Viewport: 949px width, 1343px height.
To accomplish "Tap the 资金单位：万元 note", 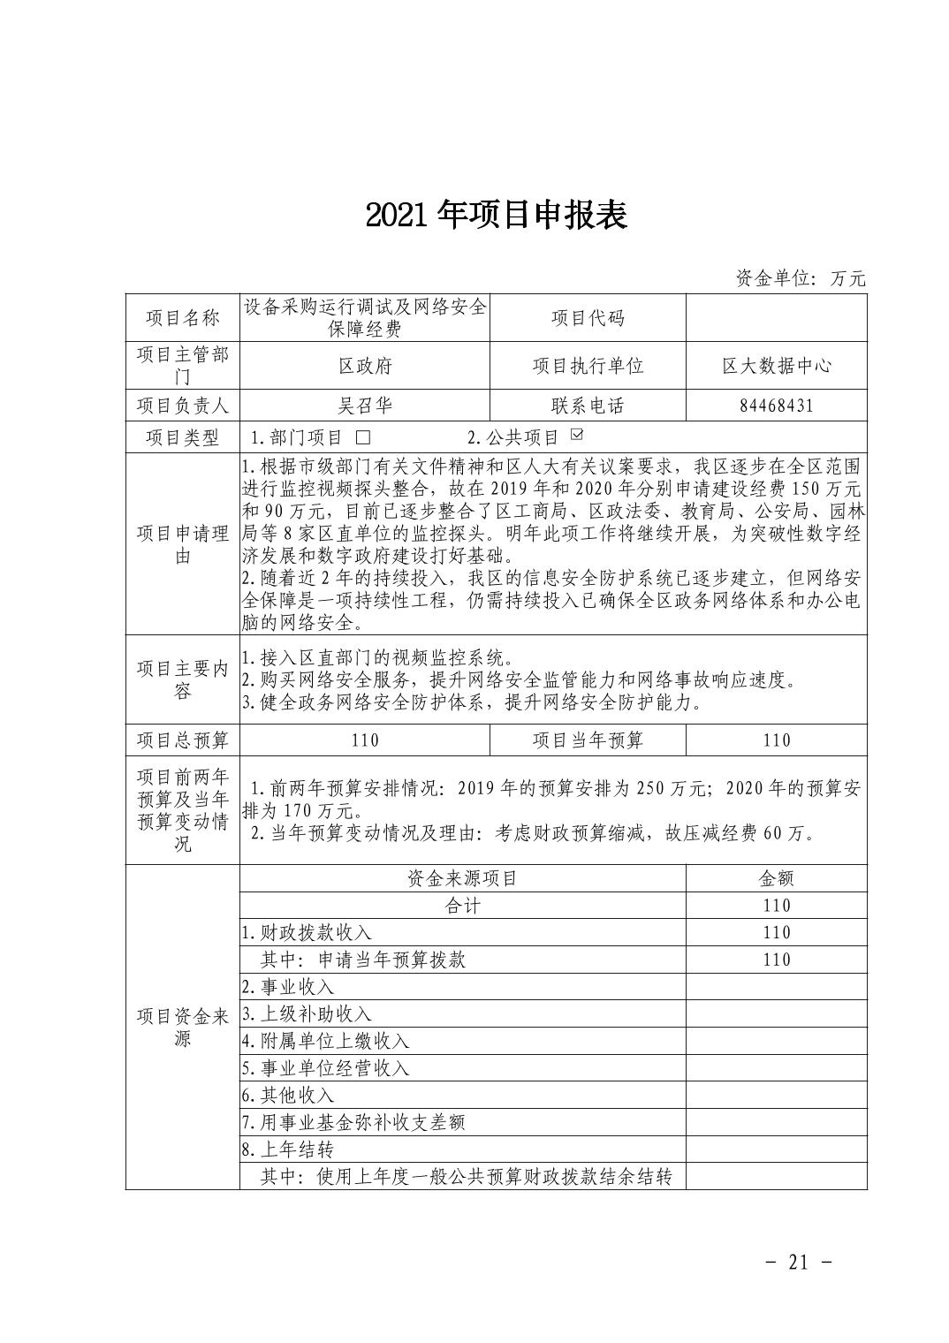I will coord(801,278).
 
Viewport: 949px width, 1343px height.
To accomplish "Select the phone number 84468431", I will coord(776,406).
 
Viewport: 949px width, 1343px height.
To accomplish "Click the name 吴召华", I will coord(365,406).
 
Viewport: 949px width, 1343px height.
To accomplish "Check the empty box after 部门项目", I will coord(363,437).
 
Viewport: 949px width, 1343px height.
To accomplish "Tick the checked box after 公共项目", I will coord(578,435).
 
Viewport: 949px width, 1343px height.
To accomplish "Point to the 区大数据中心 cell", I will coord(776,366).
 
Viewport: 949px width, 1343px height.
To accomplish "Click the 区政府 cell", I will coord(365,366).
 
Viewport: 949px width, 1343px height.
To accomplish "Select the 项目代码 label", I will coord(588,318).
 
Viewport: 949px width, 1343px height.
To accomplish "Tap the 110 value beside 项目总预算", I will coord(365,740).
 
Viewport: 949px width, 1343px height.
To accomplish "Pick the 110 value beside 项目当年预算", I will coord(776,740).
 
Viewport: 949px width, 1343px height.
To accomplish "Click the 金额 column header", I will coord(776,878).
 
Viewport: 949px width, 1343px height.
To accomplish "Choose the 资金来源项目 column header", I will coord(462,878).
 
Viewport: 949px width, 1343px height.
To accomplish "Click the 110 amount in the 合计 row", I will coord(776,906).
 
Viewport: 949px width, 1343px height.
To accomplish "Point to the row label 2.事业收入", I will coord(288,987).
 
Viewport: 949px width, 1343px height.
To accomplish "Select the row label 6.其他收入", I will coord(288,1096).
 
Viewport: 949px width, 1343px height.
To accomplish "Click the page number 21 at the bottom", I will coord(798,1262).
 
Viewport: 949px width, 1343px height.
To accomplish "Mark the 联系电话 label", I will coord(588,406).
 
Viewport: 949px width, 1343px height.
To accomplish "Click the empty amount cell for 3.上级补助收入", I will coord(776,1014).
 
